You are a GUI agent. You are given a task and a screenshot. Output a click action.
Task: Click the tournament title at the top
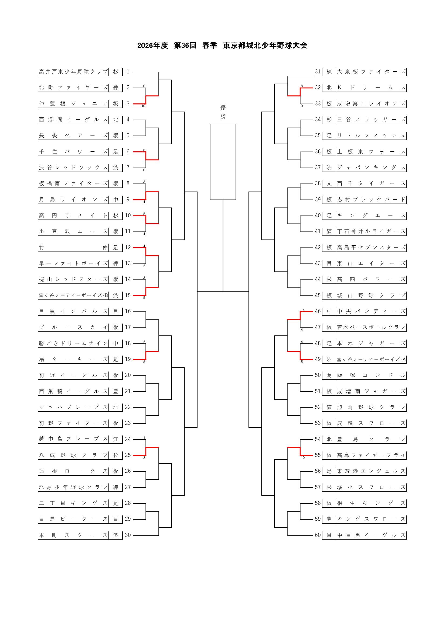click(x=222, y=45)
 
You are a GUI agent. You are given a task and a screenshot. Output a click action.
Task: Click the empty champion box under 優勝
click(x=223, y=162)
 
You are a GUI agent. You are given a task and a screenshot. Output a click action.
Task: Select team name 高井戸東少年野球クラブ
click(x=73, y=72)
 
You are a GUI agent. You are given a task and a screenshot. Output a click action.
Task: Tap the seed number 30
click(x=128, y=535)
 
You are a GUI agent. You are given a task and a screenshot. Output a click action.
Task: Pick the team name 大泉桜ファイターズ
click(x=371, y=72)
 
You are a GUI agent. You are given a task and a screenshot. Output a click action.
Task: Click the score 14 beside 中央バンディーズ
click(x=303, y=310)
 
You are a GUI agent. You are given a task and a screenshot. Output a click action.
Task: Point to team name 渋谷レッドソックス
click(x=73, y=168)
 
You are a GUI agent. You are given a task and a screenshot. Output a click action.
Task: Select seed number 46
click(x=318, y=311)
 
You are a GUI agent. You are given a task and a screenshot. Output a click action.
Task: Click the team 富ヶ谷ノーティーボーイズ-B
click(x=73, y=295)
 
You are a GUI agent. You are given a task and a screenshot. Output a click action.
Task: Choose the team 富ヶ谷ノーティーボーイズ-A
click(x=371, y=360)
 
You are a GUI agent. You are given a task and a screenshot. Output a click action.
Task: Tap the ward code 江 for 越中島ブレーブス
click(x=116, y=439)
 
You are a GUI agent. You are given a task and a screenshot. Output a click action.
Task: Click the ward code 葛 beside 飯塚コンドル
click(x=329, y=375)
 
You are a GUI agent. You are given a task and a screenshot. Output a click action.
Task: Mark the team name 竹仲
click(x=73, y=248)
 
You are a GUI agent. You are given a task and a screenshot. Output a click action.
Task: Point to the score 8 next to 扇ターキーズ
click(x=144, y=362)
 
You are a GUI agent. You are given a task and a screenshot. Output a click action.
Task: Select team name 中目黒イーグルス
click(x=371, y=535)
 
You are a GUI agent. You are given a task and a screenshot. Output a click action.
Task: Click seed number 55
click(x=318, y=455)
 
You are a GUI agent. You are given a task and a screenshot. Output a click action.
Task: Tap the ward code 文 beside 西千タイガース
click(x=329, y=184)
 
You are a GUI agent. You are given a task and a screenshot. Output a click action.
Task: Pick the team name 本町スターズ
click(x=73, y=535)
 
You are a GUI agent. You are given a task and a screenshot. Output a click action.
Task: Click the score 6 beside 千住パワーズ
click(x=144, y=150)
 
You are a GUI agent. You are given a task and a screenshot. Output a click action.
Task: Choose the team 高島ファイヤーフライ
click(x=371, y=455)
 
